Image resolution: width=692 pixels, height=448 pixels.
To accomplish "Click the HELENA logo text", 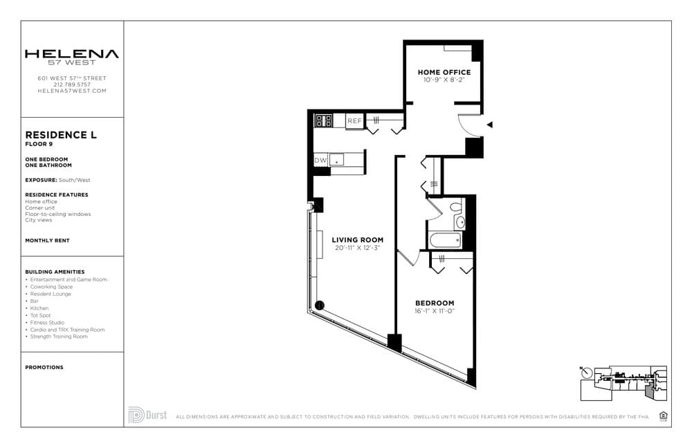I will (x=72, y=54).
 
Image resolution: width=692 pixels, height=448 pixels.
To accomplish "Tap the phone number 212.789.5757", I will (x=72, y=84).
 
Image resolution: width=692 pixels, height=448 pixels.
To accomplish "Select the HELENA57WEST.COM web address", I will (x=72, y=91).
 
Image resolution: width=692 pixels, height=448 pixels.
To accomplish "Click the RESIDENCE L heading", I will (x=61, y=135).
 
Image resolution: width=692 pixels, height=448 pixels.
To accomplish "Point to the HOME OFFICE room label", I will (x=444, y=72).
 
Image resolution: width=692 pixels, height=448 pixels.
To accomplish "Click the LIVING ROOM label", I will (x=357, y=240).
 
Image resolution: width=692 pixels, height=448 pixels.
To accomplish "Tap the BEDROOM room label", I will (x=435, y=303).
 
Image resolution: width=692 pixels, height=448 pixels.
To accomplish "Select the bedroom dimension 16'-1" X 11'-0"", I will (x=435, y=311).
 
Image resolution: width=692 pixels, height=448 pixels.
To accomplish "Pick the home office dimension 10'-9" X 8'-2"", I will (x=444, y=80).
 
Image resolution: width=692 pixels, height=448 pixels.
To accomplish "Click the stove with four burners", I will (x=324, y=121).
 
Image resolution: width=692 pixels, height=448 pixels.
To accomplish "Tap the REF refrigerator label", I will (x=354, y=121).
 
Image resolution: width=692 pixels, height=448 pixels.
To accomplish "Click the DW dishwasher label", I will (x=320, y=161).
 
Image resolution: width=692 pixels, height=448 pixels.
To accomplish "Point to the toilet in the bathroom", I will (x=456, y=206).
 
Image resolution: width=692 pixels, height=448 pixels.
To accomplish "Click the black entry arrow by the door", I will (x=490, y=125).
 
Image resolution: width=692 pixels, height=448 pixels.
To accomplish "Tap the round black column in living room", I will (x=319, y=305).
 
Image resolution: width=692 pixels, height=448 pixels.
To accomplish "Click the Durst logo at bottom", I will (x=147, y=415).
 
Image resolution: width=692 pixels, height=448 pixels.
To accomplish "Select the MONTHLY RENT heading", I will (x=47, y=240).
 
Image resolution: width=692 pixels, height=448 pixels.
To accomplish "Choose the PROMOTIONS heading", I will (x=44, y=368).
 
